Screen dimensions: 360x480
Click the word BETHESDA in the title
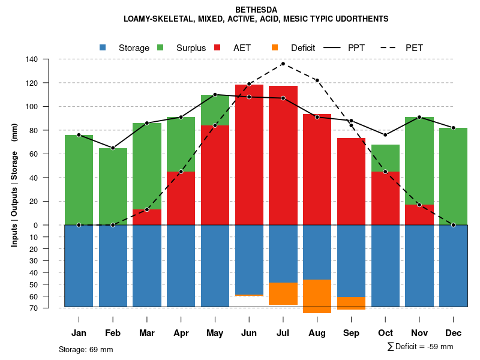point(256,10)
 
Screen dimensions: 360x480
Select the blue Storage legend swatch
point(103,47)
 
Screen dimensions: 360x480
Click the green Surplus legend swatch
point(160,47)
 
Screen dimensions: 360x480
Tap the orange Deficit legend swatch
point(275,47)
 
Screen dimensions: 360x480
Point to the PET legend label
point(414,48)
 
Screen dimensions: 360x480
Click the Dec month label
point(454,333)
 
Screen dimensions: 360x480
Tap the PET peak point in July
point(283,64)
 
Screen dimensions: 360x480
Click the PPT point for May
point(215,95)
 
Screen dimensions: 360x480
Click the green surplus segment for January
point(79,180)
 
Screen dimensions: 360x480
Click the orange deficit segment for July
point(283,293)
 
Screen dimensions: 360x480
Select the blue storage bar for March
point(147,266)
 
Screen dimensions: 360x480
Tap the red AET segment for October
point(385,198)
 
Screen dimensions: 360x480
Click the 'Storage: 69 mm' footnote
point(86,349)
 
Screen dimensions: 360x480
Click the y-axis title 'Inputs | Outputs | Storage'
point(14,182)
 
